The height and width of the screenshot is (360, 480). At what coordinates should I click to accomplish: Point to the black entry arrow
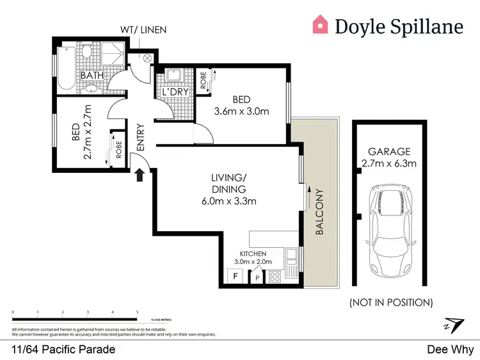pos(140,174)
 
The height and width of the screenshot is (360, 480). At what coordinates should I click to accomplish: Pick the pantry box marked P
pos(258,278)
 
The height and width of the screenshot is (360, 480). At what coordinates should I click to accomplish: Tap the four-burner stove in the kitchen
pos(275,277)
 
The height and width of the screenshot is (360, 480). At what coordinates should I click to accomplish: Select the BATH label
pos(92,76)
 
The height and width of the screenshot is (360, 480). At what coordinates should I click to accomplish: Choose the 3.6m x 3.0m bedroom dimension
pos(241,111)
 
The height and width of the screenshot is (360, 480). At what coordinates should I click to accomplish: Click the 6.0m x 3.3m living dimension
pos(229,200)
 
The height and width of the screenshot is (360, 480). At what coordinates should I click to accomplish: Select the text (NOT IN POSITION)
pos(392,302)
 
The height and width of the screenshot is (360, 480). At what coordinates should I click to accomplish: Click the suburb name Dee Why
pos(451,349)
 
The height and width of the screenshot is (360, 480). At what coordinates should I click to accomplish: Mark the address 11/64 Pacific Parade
pos(63,349)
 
